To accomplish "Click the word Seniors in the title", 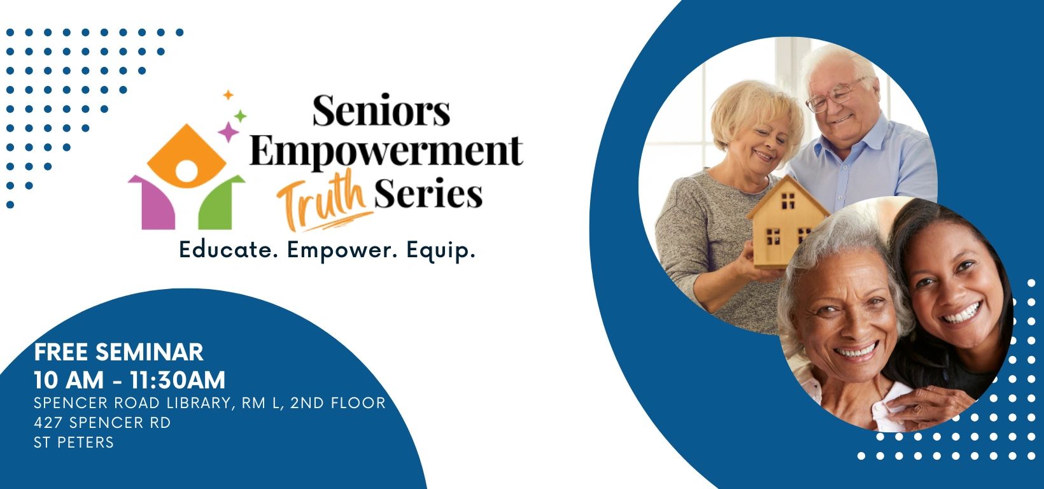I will [x=381, y=110].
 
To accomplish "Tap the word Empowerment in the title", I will [x=386, y=152].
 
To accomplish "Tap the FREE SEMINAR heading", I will [x=118, y=352].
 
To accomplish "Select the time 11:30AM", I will [x=178, y=380].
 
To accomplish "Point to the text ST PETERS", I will [x=74, y=443].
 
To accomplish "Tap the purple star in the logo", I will [x=228, y=132].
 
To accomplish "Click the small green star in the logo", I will [x=241, y=116].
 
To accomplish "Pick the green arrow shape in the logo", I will [x=218, y=202].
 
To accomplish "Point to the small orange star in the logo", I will [x=228, y=96].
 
